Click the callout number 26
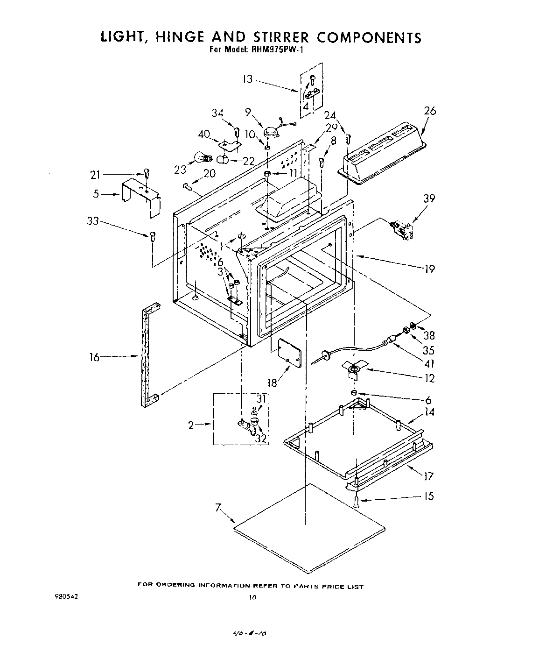tap(429, 111)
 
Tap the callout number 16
tap(95, 357)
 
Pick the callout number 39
tap(429, 198)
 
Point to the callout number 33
tap(93, 221)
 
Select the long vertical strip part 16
tap(148, 355)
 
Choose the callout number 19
tap(429, 269)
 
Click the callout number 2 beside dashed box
tap(191, 425)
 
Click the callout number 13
tap(247, 79)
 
